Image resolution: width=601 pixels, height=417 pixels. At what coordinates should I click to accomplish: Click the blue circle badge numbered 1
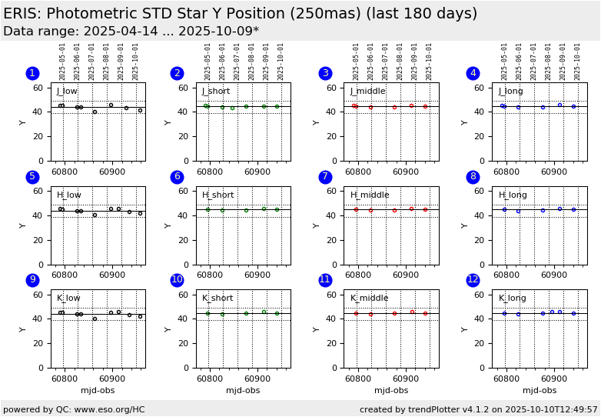click(x=32, y=73)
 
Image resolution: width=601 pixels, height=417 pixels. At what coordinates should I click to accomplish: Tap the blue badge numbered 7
click(x=325, y=177)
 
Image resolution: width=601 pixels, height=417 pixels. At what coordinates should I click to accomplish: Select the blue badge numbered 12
click(x=473, y=280)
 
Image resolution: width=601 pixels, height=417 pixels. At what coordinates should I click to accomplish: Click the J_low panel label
click(x=67, y=92)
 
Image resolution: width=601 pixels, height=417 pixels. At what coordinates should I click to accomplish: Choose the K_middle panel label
click(x=369, y=299)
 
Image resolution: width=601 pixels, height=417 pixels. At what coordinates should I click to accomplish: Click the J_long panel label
click(x=510, y=92)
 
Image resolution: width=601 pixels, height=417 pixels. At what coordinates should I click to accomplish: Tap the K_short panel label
click(x=217, y=299)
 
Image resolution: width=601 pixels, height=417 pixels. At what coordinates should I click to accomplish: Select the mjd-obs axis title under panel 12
click(x=540, y=391)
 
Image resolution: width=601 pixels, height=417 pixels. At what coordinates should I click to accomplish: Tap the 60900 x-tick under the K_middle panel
click(x=405, y=379)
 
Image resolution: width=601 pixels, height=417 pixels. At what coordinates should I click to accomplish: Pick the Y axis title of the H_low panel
click(x=23, y=225)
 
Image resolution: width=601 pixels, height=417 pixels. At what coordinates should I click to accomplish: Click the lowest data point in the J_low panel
click(x=95, y=112)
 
